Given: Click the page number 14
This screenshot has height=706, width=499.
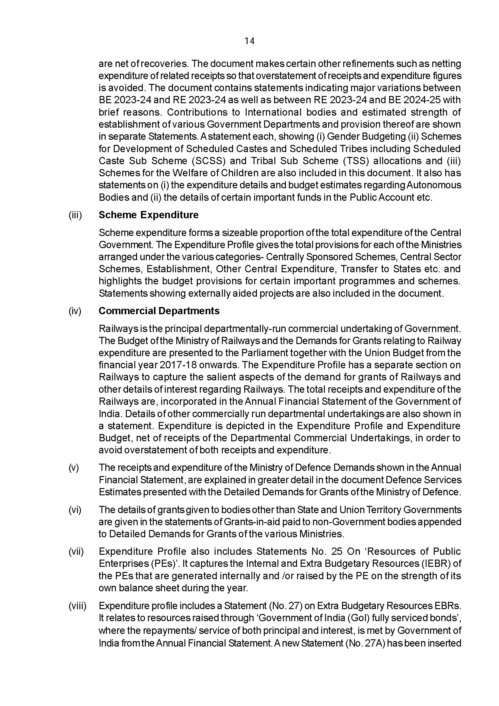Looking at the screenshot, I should click(249, 41).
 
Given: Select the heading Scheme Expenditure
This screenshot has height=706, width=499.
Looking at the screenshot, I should click(149, 215).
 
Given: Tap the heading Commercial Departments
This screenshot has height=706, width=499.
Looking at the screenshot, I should click(159, 311).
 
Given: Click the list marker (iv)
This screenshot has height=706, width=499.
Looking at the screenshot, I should click(75, 311).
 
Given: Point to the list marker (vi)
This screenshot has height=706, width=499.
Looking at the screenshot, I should click(75, 510).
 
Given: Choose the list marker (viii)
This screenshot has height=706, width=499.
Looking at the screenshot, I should click(77, 606).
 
